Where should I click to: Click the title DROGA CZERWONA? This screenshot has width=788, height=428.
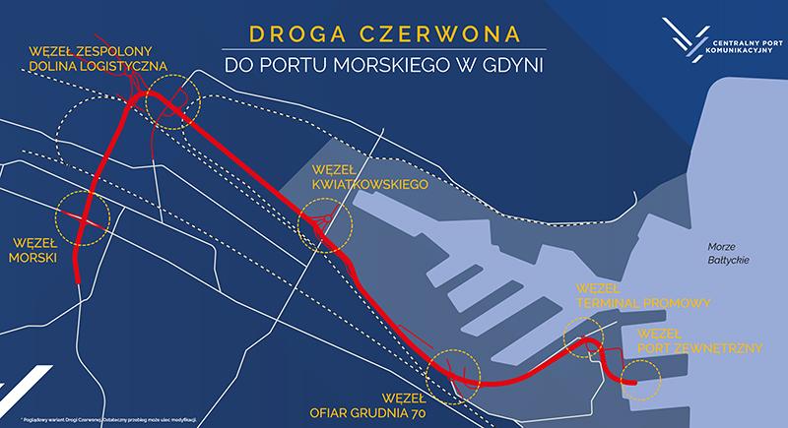(x=384, y=33)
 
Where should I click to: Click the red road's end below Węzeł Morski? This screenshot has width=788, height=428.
(x=77, y=280)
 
